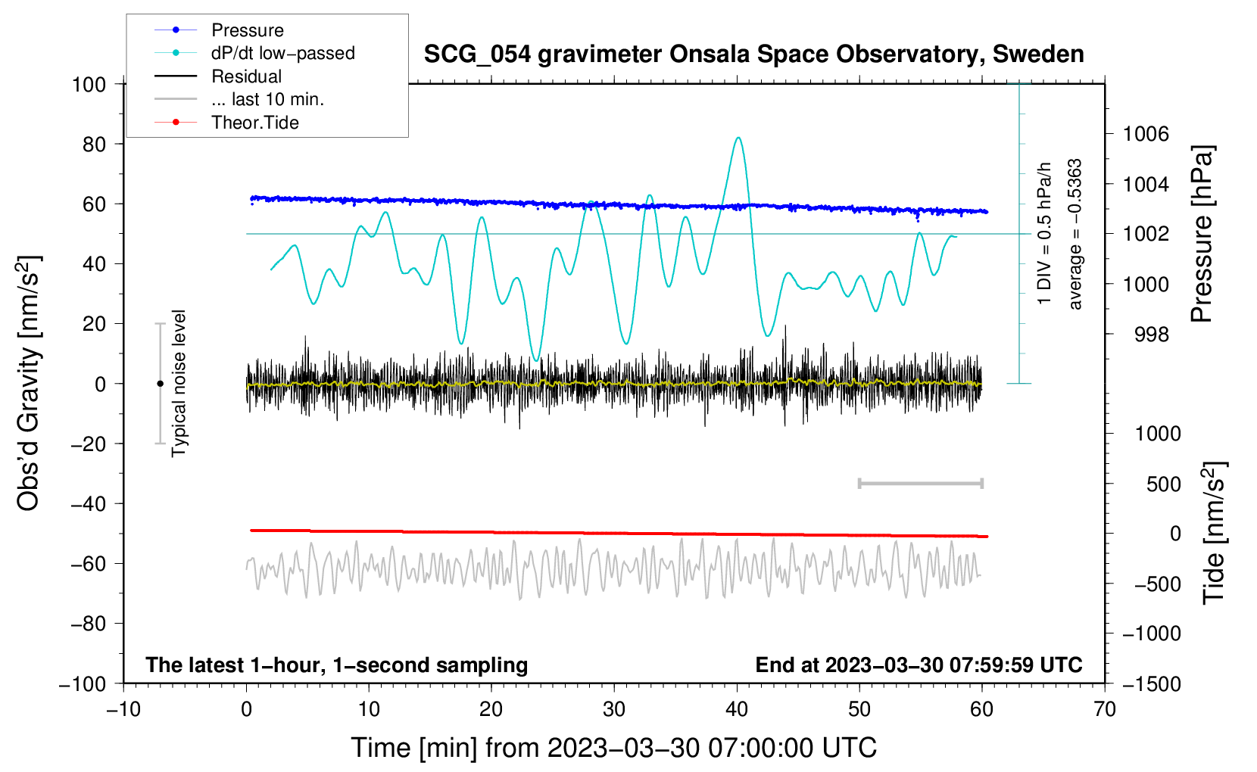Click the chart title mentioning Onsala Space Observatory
753,54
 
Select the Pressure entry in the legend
247,30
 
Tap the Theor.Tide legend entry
254,123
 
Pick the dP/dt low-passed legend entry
282,53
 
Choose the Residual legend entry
246,76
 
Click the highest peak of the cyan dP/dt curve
738,138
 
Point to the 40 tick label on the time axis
737,710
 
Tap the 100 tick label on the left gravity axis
89,84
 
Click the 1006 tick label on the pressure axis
1146,134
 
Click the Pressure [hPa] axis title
1202,234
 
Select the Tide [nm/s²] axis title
1214,533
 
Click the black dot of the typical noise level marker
160,384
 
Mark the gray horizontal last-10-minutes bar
920,483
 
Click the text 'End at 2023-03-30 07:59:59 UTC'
919,665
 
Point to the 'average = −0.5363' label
1075,234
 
